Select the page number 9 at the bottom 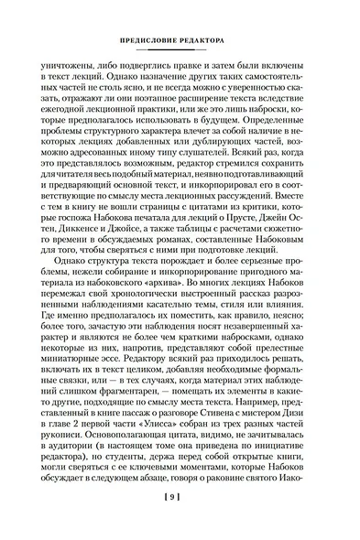coord(181,521)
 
